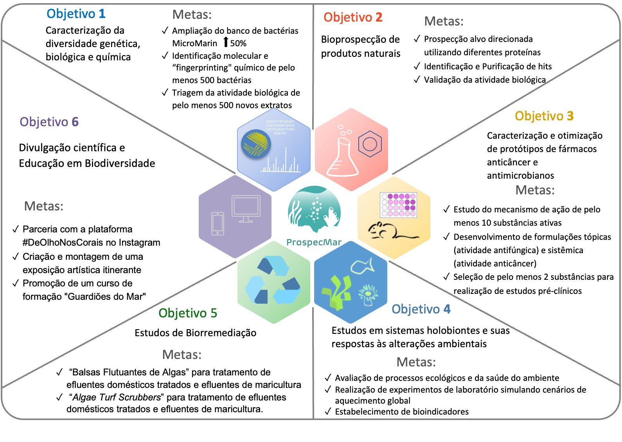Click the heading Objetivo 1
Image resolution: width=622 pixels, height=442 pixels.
[x=76, y=14]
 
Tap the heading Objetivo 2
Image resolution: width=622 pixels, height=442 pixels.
[x=353, y=17]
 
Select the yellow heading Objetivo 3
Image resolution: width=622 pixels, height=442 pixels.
[x=544, y=116]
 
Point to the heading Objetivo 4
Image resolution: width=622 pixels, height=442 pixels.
[x=421, y=309]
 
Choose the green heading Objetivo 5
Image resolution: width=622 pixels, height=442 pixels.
[x=187, y=313]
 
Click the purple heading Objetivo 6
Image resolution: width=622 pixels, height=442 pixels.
[x=49, y=122]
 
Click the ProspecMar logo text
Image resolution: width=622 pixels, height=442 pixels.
[x=314, y=243]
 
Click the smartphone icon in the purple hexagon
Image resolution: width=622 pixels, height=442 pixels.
[x=218, y=224]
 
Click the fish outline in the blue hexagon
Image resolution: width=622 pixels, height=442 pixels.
[x=363, y=266]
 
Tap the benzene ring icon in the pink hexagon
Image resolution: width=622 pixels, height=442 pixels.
[x=370, y=144]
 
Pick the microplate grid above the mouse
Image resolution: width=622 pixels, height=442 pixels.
[x=399, y=205]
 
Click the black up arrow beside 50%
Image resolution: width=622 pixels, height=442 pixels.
[x=226, y=42]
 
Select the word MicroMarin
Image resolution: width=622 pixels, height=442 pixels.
[x=194, y=43]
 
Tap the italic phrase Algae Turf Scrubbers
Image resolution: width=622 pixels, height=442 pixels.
[x=117, y=397]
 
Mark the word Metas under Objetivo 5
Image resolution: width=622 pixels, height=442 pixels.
[x=182, y=355]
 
